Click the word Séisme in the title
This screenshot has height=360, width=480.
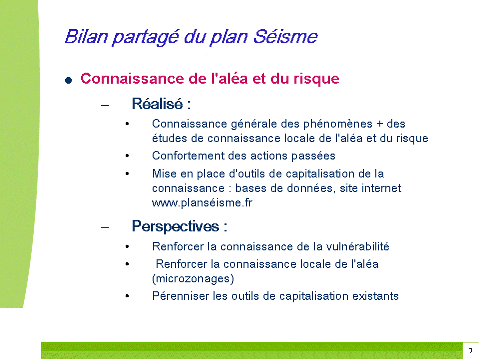285,36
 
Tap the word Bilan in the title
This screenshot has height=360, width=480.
86,36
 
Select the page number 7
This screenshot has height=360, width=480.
471,351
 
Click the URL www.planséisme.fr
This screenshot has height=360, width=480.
202,203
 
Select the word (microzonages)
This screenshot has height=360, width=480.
193,279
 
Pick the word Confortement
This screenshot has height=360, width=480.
188,156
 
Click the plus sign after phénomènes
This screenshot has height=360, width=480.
380,124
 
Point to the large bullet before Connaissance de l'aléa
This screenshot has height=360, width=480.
69,80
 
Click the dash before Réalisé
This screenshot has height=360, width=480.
105,105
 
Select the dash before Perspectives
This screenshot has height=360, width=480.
105,228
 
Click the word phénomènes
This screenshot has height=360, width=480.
338,124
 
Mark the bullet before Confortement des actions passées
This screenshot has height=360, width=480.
127,156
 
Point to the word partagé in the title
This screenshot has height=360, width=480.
145,37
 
